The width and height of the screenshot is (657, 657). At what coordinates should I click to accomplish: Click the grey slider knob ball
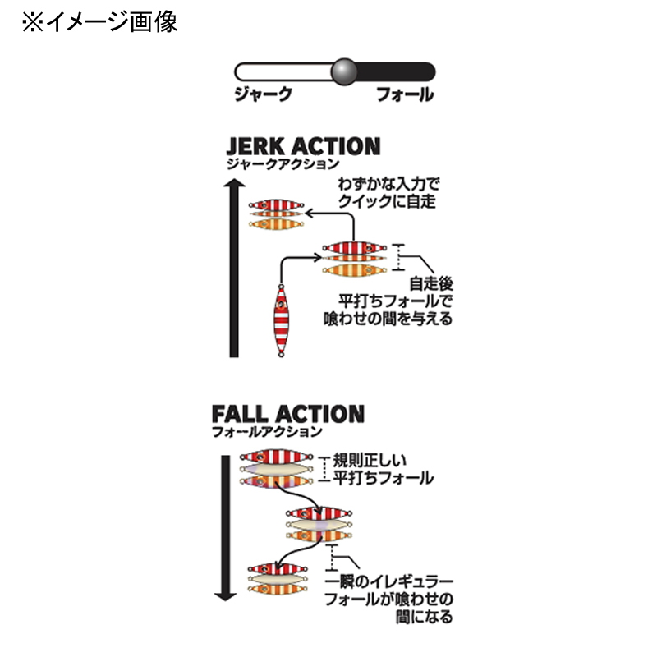(344, 71)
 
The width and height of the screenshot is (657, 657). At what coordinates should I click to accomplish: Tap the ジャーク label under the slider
(263, 94)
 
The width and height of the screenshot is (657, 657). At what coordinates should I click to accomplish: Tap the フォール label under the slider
(405, 94)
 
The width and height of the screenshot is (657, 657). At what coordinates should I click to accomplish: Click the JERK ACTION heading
(303, 147)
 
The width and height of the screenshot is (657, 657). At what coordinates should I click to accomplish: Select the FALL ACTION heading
(288, 414)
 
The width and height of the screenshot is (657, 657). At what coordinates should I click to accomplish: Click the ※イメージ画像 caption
(99, 22)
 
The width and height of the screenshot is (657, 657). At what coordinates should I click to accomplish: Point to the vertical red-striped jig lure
(281, 320)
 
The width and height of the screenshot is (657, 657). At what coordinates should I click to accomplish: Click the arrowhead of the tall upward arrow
(234, 183)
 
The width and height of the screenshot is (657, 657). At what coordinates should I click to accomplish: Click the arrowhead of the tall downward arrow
(225, 595)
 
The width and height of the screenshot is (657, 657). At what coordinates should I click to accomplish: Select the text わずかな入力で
(388, 184)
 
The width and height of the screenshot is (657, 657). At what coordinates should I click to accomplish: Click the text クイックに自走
(387, 201)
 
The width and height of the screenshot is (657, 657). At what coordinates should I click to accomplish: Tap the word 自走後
(431, 283)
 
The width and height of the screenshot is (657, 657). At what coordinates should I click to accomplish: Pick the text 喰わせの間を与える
(388, 319)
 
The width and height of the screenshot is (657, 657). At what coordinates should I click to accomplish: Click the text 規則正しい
(370, 461)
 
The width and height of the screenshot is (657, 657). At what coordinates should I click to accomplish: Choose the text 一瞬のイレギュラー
(389, 581)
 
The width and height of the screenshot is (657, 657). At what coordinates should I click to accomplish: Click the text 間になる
(425, 617)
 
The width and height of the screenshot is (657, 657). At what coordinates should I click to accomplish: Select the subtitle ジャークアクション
(283, 163)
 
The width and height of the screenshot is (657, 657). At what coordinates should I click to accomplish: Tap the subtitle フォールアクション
(268, 432)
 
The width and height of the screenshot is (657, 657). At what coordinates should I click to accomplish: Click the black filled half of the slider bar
(396, 71)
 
